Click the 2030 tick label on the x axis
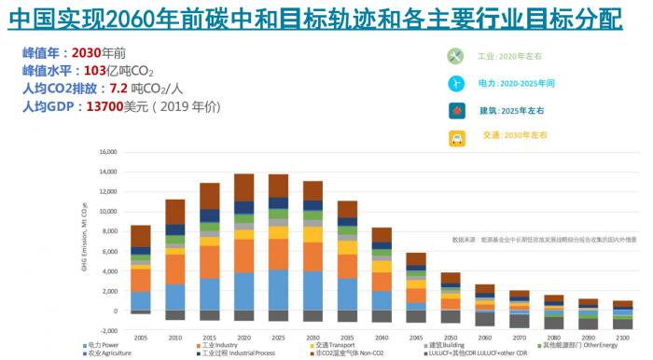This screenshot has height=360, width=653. tap(313, 338)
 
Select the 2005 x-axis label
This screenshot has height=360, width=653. tap(140, 338)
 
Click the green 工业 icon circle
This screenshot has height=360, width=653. tap(455, 55)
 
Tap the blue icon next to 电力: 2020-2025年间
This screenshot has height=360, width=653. tap(455, 83)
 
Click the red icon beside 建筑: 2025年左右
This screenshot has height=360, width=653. tap(455, 111)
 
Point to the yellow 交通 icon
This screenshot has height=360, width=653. tap(455, 138)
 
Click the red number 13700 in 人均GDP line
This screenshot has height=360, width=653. tap(104, 107)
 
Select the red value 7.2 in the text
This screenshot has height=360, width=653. tap(118, 89)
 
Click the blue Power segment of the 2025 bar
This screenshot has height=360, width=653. tap(278, 290)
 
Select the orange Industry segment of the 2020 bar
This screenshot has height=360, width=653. tap(243, 256)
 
